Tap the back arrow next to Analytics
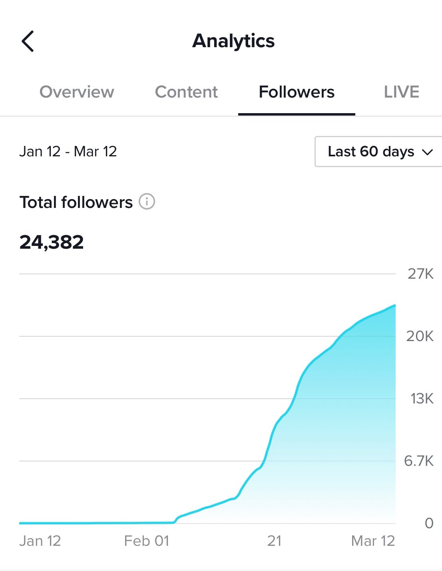pyautogui.click(x=28, y=41)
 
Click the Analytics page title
pyautogui.click(x=233, y=41)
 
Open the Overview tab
pyautogui.click(x=77, y=92)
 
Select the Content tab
pyautogui.click(x=186, y=92)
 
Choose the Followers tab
pyautogui.click(x=297, y=92)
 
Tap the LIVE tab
pyautogui.click(x=401, y=92)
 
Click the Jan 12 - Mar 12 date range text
pyautogui.click(x=68, y=152)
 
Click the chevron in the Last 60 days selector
pyautogui.click(x=427, y=152)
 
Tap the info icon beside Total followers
pyautogui.click(x=147, y=202)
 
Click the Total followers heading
pyautogui.click(x=76, y=202)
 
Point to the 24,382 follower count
pyautogui.click(x=52, y=242)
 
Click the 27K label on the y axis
pyautogui.click(x=420, y=274)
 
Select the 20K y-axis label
pyautogui.click(x=420, y=336)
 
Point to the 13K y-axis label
pyautogui.click(x=422, y=399)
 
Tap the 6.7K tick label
pyautogui.click(x=418, y=461)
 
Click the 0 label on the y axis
pyautogui.click(x=429, y=523)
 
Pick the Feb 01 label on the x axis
pyautogui.click(x=147, y=541)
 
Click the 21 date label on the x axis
pyautogui.click(x=274, y=541)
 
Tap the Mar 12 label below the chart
pyautogui.click(x=373, y=541)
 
